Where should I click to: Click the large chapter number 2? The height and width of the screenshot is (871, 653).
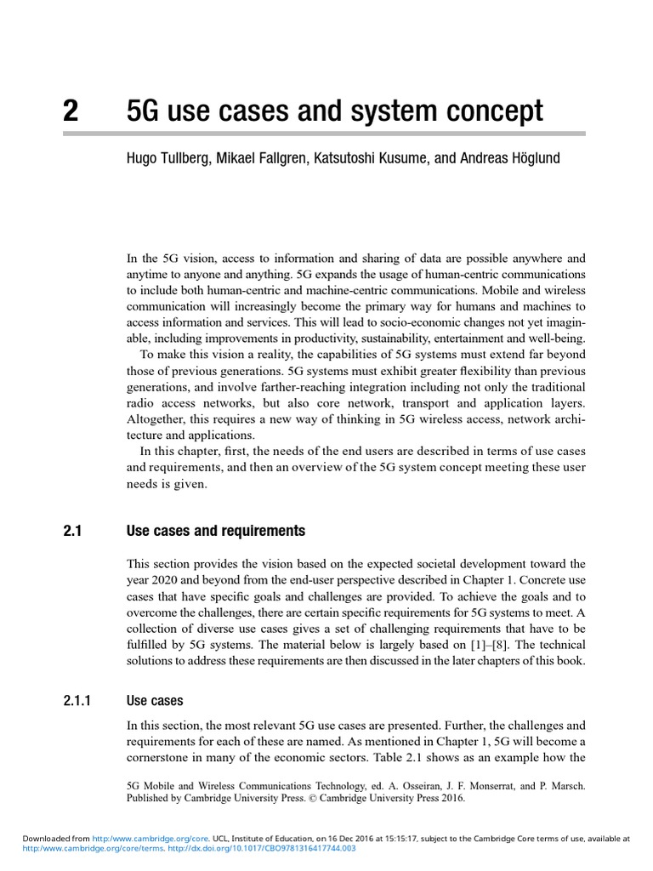click(71, 111)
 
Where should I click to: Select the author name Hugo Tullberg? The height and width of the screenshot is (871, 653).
click(167, 158)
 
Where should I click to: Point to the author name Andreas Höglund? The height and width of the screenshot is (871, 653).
click(510, 158)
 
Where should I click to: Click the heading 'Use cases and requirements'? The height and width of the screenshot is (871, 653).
click(215, 532)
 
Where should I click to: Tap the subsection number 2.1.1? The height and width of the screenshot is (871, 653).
click(81, 701)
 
